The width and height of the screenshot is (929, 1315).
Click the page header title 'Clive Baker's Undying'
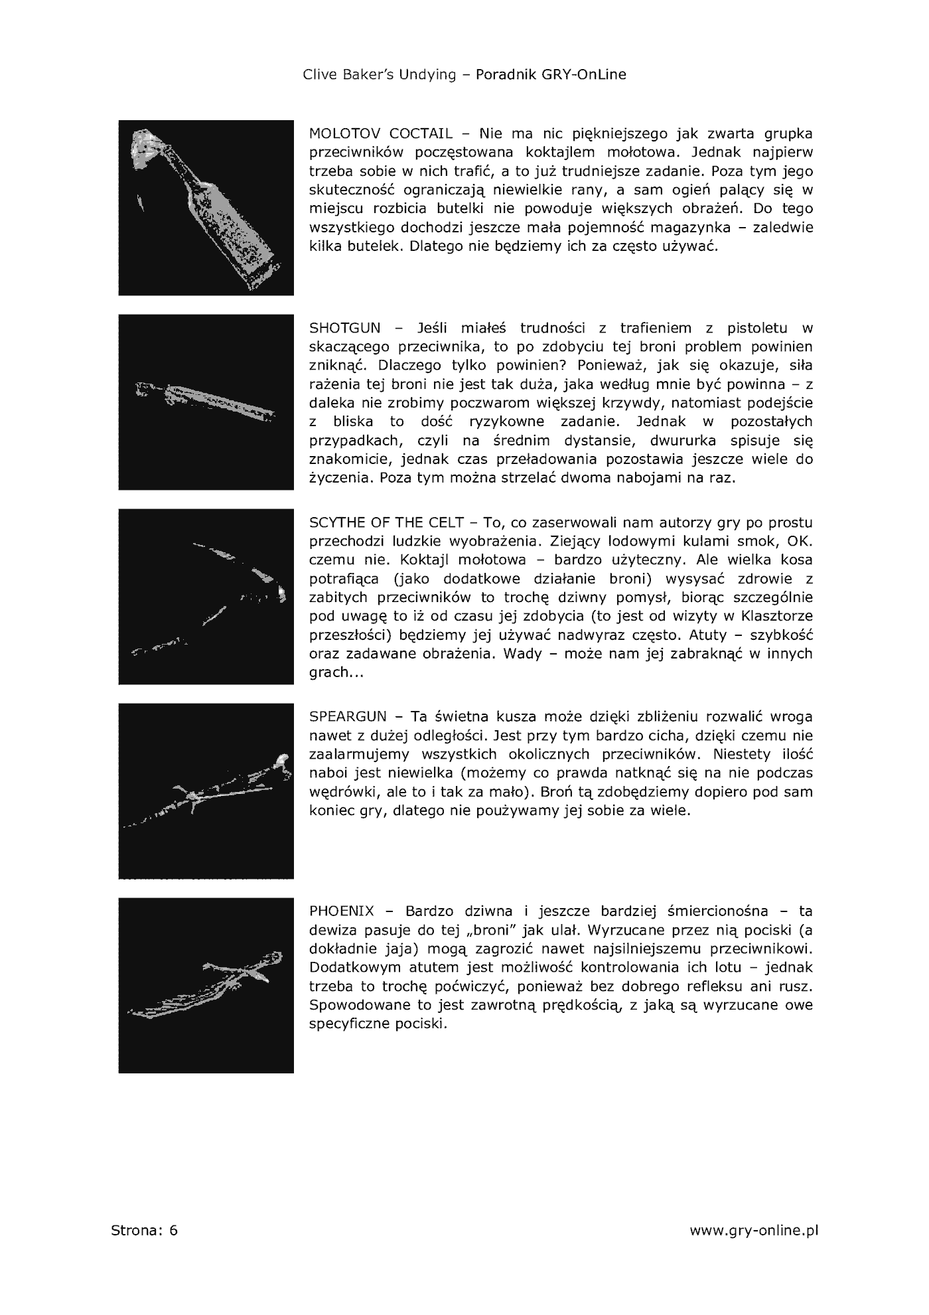[380, 74]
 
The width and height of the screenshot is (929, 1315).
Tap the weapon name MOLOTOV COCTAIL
[381, 133]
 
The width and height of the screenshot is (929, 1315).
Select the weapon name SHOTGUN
[345, 328]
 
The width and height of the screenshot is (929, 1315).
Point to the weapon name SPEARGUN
[348, 717]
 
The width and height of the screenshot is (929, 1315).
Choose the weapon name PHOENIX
[342, 911]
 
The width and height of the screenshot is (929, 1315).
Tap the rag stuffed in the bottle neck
[147, 143]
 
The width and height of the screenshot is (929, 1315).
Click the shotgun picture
[206, 402]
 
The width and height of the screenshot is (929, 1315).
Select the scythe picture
[206, 597]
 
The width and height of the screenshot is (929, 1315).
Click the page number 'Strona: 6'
[145, 1231]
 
